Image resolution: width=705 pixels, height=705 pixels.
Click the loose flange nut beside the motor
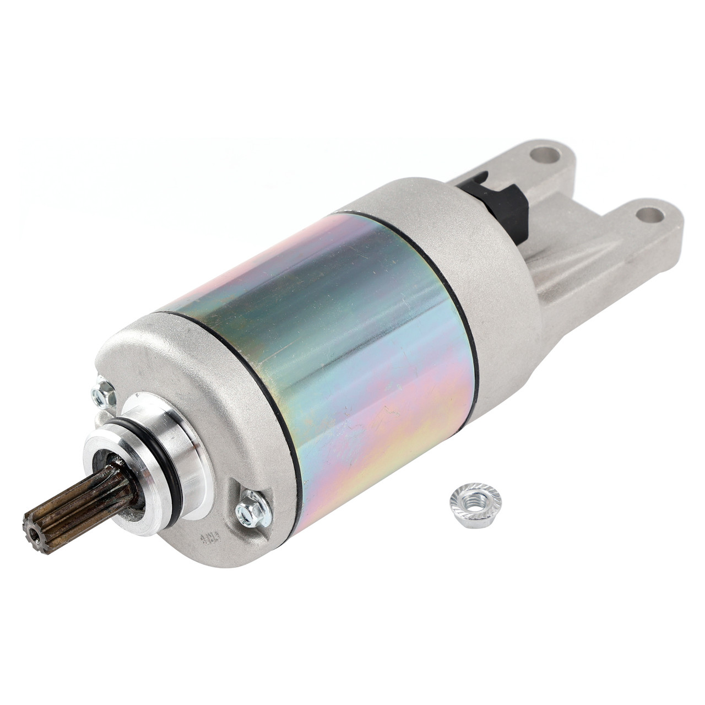pos(475,504)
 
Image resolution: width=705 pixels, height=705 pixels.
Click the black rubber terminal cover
pos(496,198)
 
